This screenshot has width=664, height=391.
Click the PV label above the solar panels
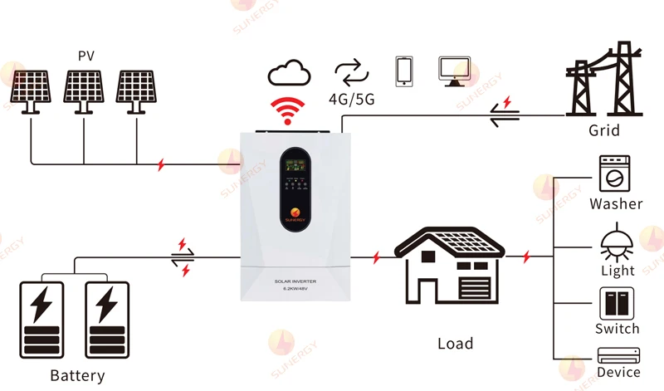[86, 56]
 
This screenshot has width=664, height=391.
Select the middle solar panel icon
[85, 90]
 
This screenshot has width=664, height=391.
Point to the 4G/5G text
[352, 98]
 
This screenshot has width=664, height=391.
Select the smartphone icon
[404, 71]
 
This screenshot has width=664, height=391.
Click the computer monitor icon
[454, 71]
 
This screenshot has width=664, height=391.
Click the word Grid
[603, 131]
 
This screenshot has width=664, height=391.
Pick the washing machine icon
[616, 174]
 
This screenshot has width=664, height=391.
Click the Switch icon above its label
[616, 303]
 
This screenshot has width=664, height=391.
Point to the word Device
[618, 372]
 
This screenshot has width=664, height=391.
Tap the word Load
[455, 343]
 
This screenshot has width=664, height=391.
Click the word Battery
[77, 375]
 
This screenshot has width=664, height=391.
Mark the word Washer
[616, 203]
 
